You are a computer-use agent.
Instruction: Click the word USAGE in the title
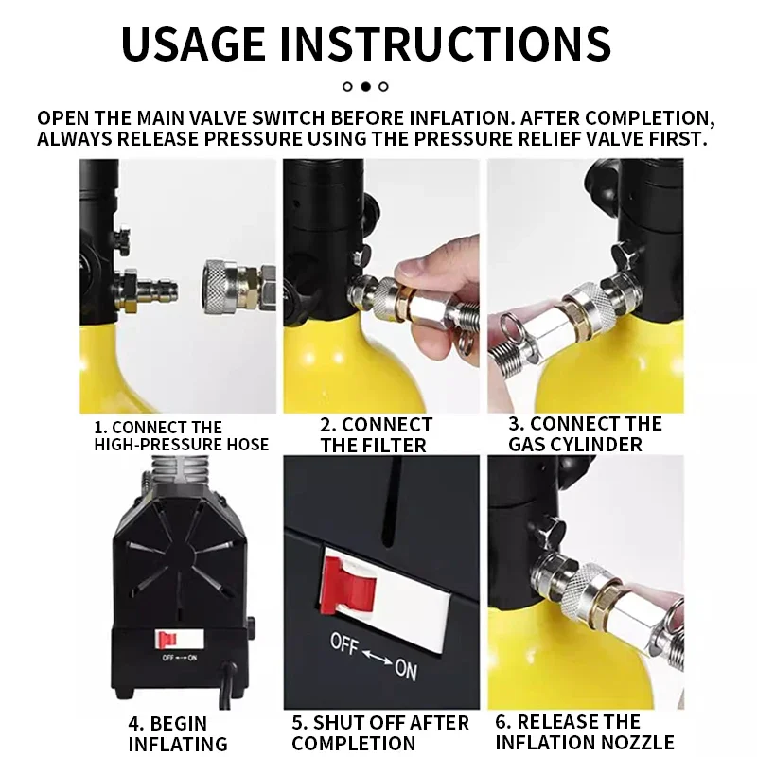tap(193, 44)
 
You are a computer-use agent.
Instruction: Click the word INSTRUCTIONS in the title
tap(446, 44)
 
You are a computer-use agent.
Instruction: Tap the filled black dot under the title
tap(366, 86)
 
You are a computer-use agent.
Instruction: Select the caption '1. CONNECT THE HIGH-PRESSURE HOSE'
tap(181, 435)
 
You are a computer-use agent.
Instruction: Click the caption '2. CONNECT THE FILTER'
tap(376, 435)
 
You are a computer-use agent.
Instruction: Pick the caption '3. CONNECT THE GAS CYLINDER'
tap(585, 434)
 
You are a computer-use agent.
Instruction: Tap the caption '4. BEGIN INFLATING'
tap(177, 733)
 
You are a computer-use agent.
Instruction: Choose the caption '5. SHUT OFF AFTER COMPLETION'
tap(380, 732)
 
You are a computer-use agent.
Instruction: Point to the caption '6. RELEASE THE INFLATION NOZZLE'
tap(585, 731)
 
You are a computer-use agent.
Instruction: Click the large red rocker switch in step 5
tap(348, 586)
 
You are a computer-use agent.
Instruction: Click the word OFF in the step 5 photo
tap(344, 644)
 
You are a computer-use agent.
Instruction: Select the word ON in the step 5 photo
tap(406, 670)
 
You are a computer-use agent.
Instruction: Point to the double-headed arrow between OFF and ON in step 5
tap(377, 657)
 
